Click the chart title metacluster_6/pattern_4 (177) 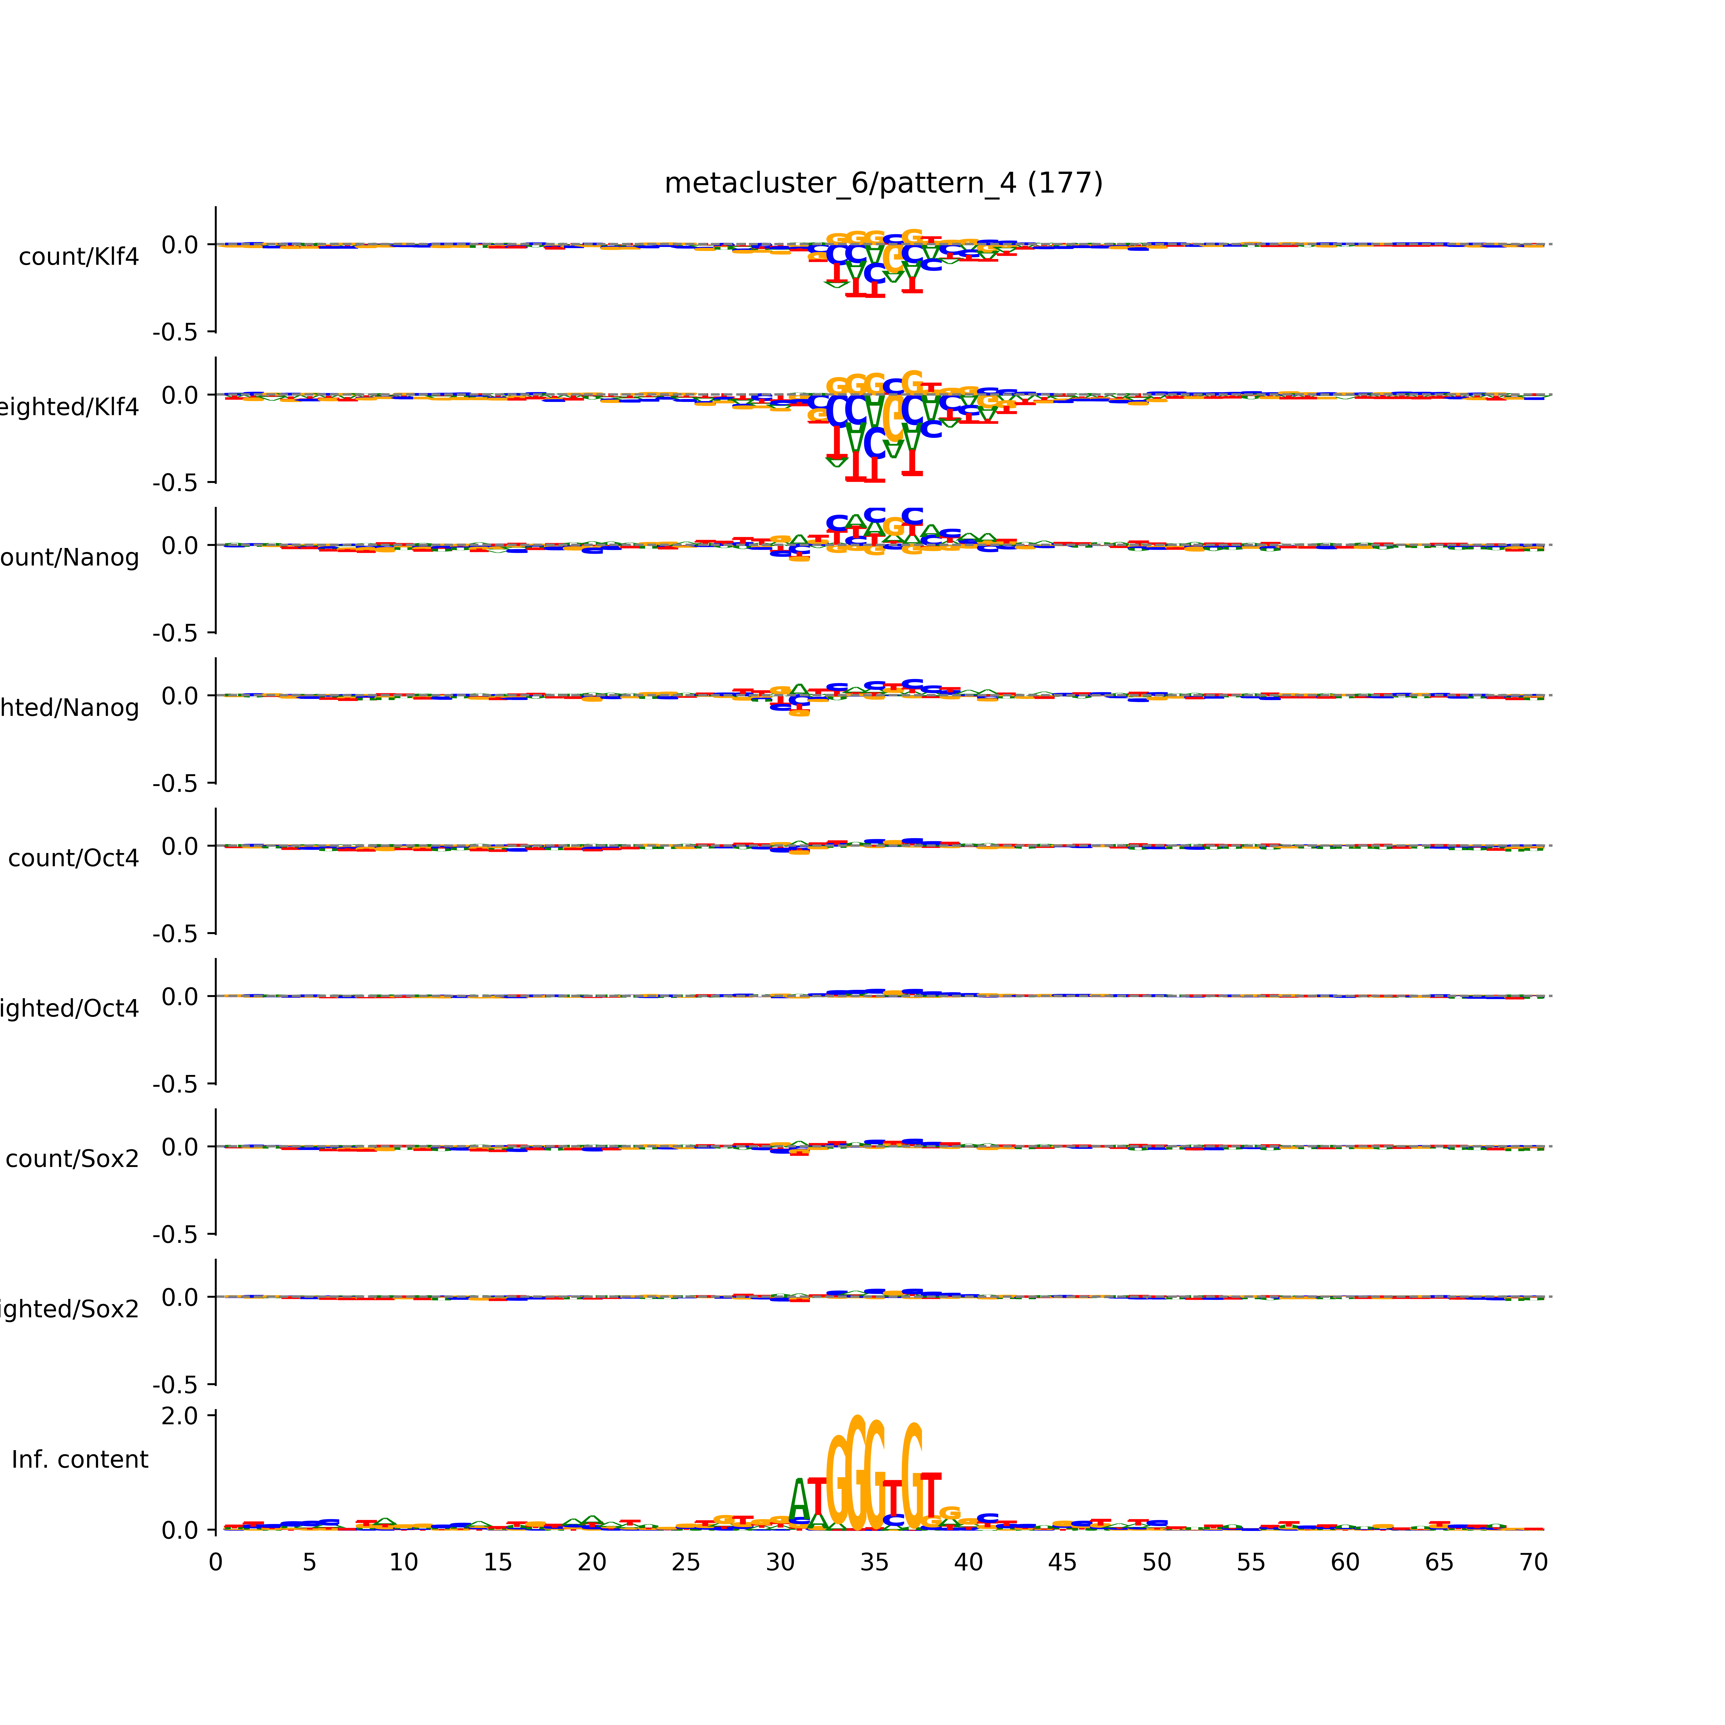point(883,183)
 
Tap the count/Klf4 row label point(78,257)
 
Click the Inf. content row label point(79,1460)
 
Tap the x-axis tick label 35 point(874,1563)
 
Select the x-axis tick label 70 point(1533,1563)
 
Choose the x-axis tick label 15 point(497,1563)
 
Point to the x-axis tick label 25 point(686,1563)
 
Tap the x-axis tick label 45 point(1063,1563)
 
